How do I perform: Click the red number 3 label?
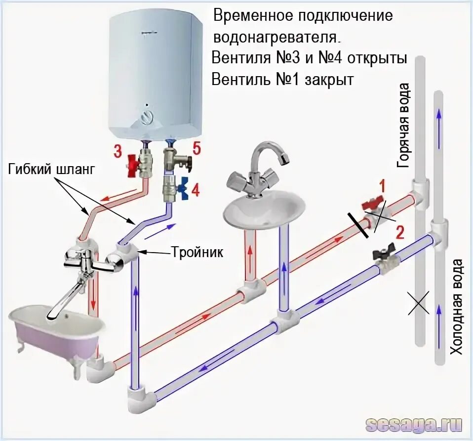coord(118,152)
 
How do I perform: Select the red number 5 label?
coord(197,148)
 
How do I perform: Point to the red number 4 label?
coord(196,190)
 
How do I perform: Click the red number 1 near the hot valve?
coord(382,186)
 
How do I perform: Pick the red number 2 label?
coord(400,232)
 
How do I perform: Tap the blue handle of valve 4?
coord(185,188)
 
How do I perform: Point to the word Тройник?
coord(197,253)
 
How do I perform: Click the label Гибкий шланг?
coord(50,170)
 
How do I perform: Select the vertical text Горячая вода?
coord(403,126)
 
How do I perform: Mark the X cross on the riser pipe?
coord(419,303)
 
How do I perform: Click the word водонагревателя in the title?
coord(276,36)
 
